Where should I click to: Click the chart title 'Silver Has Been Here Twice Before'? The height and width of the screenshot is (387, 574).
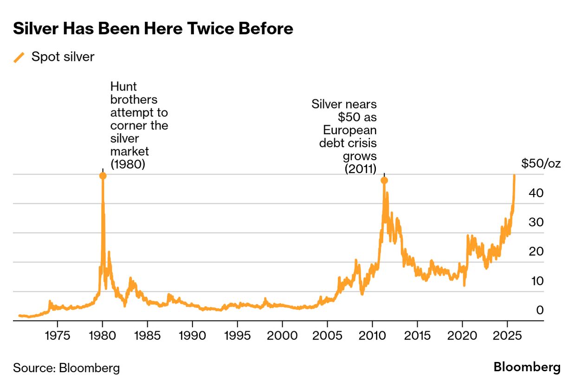(x=153, y=29)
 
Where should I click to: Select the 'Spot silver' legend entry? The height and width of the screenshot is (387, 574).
(x=63, y=57)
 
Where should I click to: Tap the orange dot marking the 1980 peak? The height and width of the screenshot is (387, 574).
(x=103, y=176)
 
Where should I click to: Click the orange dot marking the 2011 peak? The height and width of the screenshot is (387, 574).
(x=384, y=181)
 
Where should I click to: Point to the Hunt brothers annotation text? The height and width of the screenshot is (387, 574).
(x=139, y=125)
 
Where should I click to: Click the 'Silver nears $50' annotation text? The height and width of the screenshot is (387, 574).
(x=344, y=136)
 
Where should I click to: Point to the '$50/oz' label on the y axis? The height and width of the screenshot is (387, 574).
(x=541, y=163)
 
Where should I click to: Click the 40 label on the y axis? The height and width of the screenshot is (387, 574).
(x=538, y=193)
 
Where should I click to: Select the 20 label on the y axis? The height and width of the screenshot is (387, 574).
(x=538, y=251)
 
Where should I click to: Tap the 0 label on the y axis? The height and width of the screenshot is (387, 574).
(x=540, y=310)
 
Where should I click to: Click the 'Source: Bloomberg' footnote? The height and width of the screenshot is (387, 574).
(x=66, y=368)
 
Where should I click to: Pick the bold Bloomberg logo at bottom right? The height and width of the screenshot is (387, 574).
(x=527, y=368)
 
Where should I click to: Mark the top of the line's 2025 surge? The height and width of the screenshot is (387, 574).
(x=514, y=176)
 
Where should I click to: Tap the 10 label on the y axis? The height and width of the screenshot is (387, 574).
(x=538, y=281)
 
